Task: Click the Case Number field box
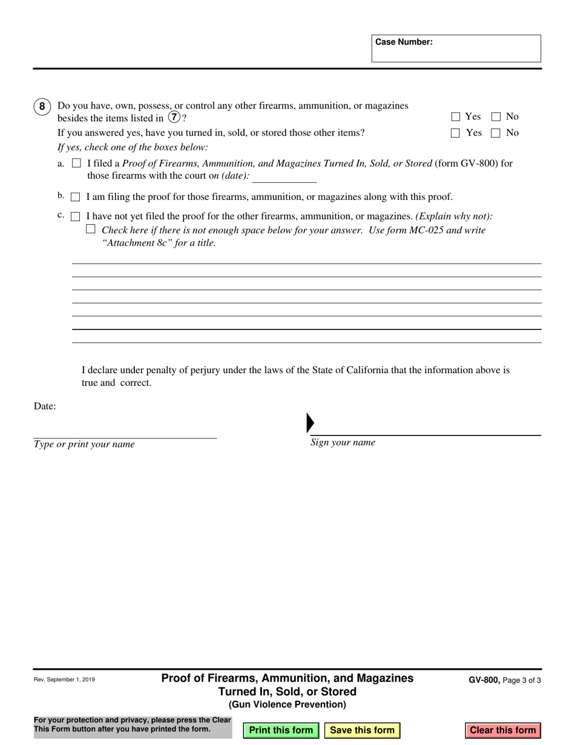tap(456, 48)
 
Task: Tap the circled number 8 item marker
tap(42, 107)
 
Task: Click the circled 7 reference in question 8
tap(174, 117)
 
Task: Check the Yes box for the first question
tap(456, 117)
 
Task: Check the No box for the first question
tap(496, 117)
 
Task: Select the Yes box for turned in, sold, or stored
tap(456, 133)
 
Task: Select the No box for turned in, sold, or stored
tap(496, 133)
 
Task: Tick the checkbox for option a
tap(76, 163)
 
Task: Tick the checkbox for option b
tap(76, 197)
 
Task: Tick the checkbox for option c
tap(76, 216)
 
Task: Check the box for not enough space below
tap(91, 229)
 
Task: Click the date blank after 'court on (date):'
tap(284, 177)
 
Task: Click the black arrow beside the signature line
tap(310, 423)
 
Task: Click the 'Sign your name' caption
tap(343, 443)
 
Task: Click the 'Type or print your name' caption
tap(84, 445)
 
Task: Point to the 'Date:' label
tap(45, 406)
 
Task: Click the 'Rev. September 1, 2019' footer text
tap(64, 680)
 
